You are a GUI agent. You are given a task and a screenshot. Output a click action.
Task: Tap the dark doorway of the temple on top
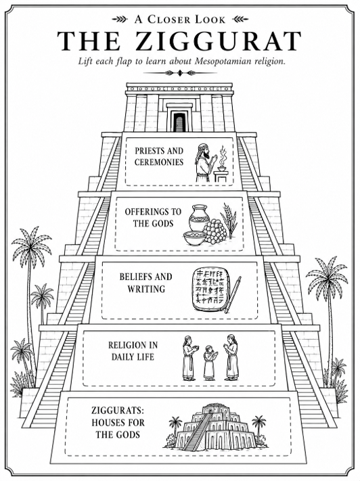pos(179,122)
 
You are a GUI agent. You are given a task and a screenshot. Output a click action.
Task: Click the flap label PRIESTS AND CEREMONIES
pos(159,156)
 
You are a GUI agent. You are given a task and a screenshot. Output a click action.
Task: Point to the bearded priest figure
pos(203,162)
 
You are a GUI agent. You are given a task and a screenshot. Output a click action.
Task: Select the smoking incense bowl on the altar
pos(221,163)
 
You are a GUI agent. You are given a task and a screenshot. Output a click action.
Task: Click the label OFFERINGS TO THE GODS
pos(153,217)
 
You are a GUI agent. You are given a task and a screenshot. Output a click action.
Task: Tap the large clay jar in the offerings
pos(199,218)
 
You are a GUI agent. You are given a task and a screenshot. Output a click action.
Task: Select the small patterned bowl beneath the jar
pos(195,238)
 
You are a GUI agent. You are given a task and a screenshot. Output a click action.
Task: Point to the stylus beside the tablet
pos(233,295)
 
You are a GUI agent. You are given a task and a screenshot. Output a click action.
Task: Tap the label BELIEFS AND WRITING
pos(145,283)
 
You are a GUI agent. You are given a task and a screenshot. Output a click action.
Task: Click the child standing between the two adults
pos(210,362)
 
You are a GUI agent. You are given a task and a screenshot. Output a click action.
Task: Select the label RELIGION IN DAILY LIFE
pos(133,351)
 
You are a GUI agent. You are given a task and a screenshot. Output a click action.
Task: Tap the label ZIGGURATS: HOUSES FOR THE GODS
pos(118,422)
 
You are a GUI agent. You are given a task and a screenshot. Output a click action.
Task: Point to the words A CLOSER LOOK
pos(180,20)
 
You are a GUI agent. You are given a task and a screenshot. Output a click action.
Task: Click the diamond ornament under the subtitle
pos(180,73)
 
